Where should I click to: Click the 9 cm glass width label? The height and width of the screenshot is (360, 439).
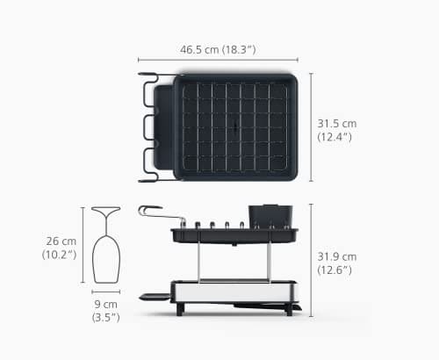(x=105, y=303)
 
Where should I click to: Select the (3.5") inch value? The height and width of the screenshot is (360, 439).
(x=105, y=318)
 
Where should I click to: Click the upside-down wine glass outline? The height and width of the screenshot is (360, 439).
(x=105, y=241)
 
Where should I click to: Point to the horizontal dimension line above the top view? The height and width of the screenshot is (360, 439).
(x=218, y=60)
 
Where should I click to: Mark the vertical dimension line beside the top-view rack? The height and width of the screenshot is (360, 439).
(x=311, y=127)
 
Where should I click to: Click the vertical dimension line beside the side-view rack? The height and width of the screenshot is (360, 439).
(x=311, y=261)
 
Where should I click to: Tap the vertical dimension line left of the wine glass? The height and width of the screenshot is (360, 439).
(x=83, y=245)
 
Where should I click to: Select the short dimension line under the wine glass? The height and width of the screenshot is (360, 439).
(x=105, y=292)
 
